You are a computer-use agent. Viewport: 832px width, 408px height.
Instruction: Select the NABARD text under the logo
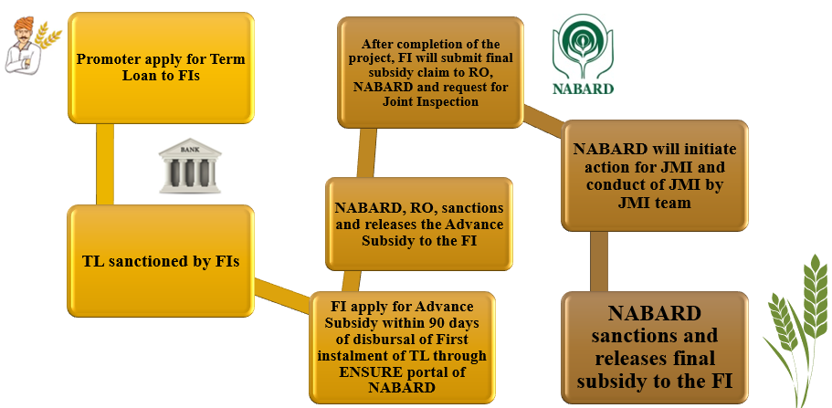(x=583, y=89)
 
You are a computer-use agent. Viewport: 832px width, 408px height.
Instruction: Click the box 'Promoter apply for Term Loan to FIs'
(x=162, y=68)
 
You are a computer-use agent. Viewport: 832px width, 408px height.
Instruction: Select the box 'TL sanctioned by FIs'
(x=162, y=262)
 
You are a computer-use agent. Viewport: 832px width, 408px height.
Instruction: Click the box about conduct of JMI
(x=654, y=175)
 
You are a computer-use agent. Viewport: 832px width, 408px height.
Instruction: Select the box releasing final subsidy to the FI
(x=654, y=346)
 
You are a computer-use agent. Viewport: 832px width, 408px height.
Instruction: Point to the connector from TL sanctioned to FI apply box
(x=283, y=295)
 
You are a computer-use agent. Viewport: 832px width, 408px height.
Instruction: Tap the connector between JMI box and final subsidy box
(x=600, y=261)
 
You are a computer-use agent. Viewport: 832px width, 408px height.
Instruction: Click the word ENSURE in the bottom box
(x=359, y=371)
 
